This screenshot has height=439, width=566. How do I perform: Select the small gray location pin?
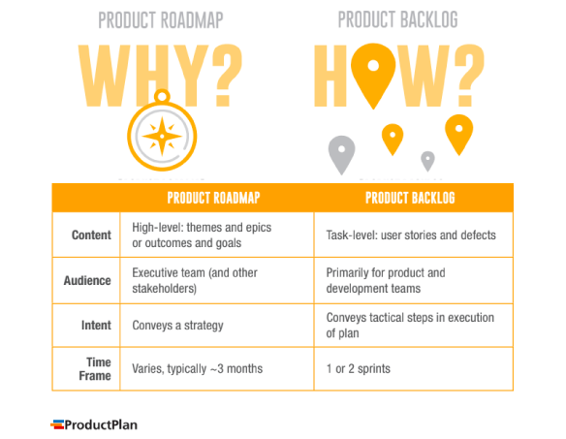[427, 160]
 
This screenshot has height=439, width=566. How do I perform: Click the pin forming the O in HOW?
[371, 71]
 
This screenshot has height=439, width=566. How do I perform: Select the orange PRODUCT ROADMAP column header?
[214, 198]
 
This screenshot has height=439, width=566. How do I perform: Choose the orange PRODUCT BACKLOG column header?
[410, 198]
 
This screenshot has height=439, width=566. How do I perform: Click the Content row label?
[91, 235]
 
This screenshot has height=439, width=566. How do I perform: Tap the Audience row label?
[87, 280]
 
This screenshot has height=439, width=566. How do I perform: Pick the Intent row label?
[96, 325]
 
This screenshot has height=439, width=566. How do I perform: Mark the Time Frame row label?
[95, 368]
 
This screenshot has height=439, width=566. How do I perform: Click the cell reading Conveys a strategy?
[179, 325]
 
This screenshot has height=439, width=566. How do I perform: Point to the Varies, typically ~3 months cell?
[198, 368]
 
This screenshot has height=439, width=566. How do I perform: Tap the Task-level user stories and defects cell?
[411, 235]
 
